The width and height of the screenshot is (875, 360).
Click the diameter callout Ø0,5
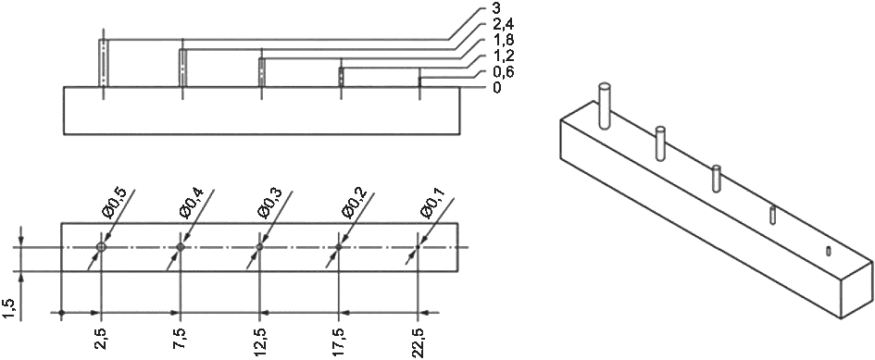pos(115,203)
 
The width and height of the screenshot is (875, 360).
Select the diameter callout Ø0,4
pos(194,203)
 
